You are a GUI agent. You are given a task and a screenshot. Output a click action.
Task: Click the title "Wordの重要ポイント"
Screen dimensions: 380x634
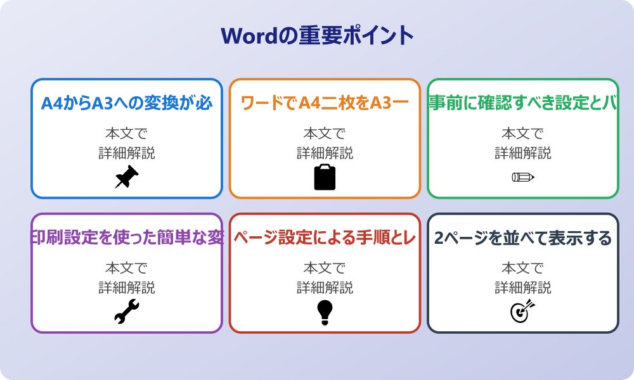[x=317, y=35]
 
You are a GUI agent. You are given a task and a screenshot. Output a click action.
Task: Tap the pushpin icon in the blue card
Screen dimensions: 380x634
[x=126, y=177]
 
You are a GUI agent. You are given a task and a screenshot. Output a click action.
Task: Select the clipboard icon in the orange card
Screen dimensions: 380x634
[x=325, y=177]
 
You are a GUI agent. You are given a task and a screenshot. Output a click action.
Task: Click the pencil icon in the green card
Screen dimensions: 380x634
[x=522, y=177]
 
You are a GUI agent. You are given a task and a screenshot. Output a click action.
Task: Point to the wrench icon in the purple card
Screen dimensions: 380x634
[x=126, y=312]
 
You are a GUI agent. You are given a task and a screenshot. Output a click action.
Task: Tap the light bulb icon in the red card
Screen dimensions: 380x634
[x=325, y=312]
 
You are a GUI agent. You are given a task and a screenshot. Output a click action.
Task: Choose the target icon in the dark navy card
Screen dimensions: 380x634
[x=522, y=311]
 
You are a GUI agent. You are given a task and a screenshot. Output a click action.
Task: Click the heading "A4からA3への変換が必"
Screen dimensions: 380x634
[x=127, y=103]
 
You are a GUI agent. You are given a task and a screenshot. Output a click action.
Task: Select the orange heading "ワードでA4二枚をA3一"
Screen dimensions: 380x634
[x=325, y=103]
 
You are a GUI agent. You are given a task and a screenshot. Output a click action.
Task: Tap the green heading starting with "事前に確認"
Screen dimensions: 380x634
[x=522, y=103]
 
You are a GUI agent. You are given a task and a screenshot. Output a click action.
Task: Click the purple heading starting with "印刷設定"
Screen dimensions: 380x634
[x=127, y=238]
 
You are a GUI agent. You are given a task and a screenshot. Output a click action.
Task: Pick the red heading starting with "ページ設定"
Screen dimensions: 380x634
[x=325, y=238]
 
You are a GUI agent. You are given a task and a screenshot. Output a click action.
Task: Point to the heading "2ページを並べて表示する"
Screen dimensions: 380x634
[x=522, y=238]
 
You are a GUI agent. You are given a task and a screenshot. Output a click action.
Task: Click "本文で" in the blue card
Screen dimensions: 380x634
[x=126, y=134]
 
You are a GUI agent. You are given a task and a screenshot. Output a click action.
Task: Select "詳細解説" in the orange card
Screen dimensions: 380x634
[x=325, y=153]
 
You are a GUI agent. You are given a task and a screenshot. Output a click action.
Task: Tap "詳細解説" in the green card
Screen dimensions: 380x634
[x=522, y=153]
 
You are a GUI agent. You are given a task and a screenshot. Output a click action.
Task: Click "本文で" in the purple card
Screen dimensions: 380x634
[x=126, y=269]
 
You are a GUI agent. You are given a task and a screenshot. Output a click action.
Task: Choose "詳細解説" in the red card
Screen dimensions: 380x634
[x=325, y=288]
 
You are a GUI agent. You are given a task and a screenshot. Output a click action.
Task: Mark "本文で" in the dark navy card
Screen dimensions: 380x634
[x=522, y=269]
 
